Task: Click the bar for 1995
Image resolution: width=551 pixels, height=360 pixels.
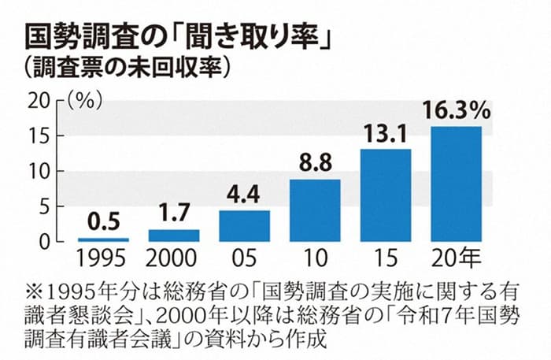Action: (103, 239)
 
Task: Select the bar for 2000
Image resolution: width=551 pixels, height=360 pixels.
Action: (174, 235)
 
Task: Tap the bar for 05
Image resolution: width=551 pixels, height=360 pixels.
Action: (244, 225)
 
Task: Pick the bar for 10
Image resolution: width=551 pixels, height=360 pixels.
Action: (315, 210)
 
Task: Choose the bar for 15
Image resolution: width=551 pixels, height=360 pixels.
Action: (386, 195)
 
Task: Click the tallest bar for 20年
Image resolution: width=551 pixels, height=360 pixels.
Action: (457, 184)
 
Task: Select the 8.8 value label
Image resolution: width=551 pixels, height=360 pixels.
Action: (315, 164)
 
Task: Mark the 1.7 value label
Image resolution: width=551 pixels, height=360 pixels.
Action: (174, 214)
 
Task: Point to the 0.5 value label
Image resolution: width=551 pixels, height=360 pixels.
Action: (103, 223)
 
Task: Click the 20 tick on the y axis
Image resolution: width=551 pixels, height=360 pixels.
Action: (39, 101)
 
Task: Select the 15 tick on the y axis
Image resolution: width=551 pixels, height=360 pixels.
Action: (39, 135)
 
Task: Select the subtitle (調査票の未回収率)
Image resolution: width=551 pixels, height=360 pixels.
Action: (126, 69)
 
